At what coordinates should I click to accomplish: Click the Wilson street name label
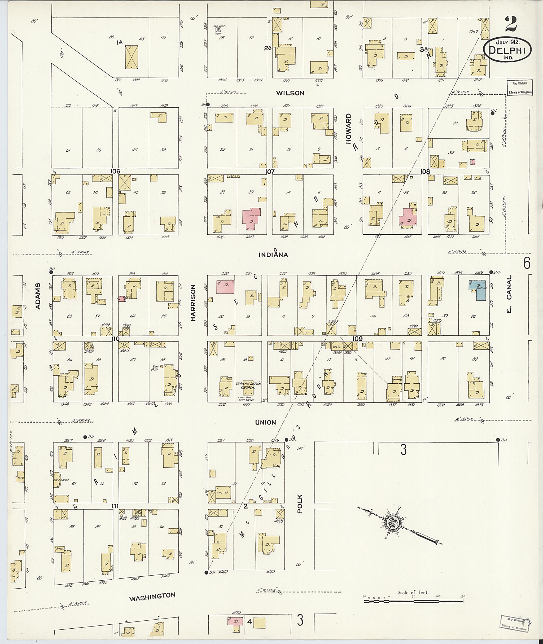[290, 93]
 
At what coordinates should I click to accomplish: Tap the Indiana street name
[273, 255]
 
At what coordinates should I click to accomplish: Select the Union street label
[265, 422]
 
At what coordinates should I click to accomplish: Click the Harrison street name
[193, 303]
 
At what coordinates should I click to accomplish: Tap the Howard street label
[348, 129]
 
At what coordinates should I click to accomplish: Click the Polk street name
[300, 504]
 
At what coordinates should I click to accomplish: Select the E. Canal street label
[509, 294]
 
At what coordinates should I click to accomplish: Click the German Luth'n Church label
[245, 385]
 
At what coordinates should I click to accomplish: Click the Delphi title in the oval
[507, 50]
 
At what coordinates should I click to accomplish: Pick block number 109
[357, 339]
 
